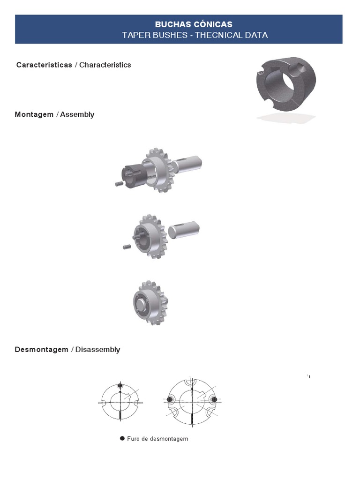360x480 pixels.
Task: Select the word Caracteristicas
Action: pyautogui.click(x=44, y=65)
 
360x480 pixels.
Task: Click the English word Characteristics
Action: pyautogui.click(x=105, y=65)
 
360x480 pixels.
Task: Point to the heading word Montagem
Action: pyautogui.click(x=34, y=114)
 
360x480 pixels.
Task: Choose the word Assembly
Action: pyautogui.click(x=77, y=114)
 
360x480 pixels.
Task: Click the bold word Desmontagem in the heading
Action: pyautogui.click(x=41, y=350)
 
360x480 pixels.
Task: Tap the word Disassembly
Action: pyautogui.click(x=97, y=350)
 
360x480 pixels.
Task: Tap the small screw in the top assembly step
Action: pyautogui.click(x=119, y=184)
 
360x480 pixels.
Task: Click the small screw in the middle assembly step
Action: pyautogui.click(x=126, y=246)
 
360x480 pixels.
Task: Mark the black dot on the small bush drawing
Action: pyautogui.click(x=120, y=386)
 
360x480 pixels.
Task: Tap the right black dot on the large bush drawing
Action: pyautogui.click(x=214, y=399)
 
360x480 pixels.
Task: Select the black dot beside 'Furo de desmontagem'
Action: pyautogui.click(x=122, y=438)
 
